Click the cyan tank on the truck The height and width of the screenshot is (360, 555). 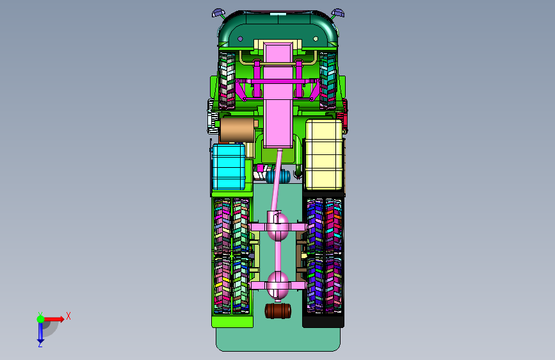coord(229,167)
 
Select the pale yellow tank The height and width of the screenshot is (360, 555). coord(324,154)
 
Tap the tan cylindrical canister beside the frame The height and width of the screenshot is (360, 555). coord(237,130)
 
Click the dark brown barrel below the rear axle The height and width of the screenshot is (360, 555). coord(278,311)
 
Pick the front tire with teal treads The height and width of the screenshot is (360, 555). coord(328,81)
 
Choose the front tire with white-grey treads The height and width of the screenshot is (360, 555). coord(227,81)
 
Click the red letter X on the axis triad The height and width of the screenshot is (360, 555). coord(68,316)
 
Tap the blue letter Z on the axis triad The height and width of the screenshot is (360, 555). coord(40,344)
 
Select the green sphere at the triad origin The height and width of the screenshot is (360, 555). coord(41,319)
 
